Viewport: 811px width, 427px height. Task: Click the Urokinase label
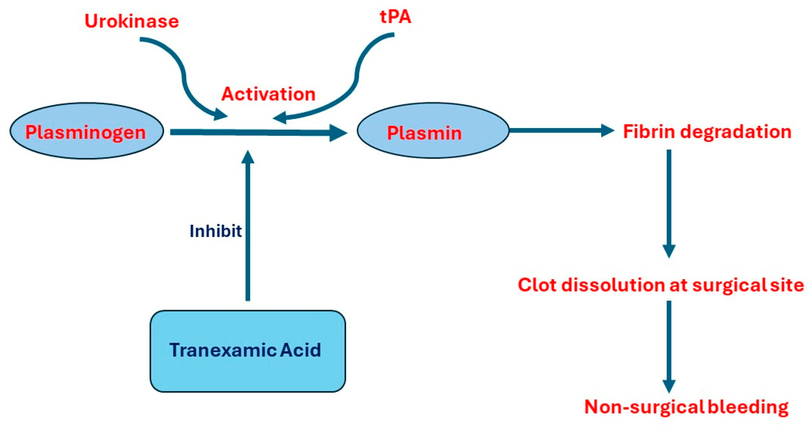[x=132, y=21]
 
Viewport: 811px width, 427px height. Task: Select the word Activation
[x=268, y=94]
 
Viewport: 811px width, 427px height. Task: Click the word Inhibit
[x=216, y=231]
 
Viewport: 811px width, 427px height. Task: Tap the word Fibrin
[x=649, y=132]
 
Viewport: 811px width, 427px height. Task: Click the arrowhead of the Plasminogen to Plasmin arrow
[x=338, y=133]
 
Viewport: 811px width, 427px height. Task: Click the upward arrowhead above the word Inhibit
[x=248, y=157]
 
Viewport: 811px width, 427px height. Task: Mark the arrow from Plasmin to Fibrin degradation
[x=560, y=130]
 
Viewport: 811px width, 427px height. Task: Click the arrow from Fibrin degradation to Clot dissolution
[x=669, y=201]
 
